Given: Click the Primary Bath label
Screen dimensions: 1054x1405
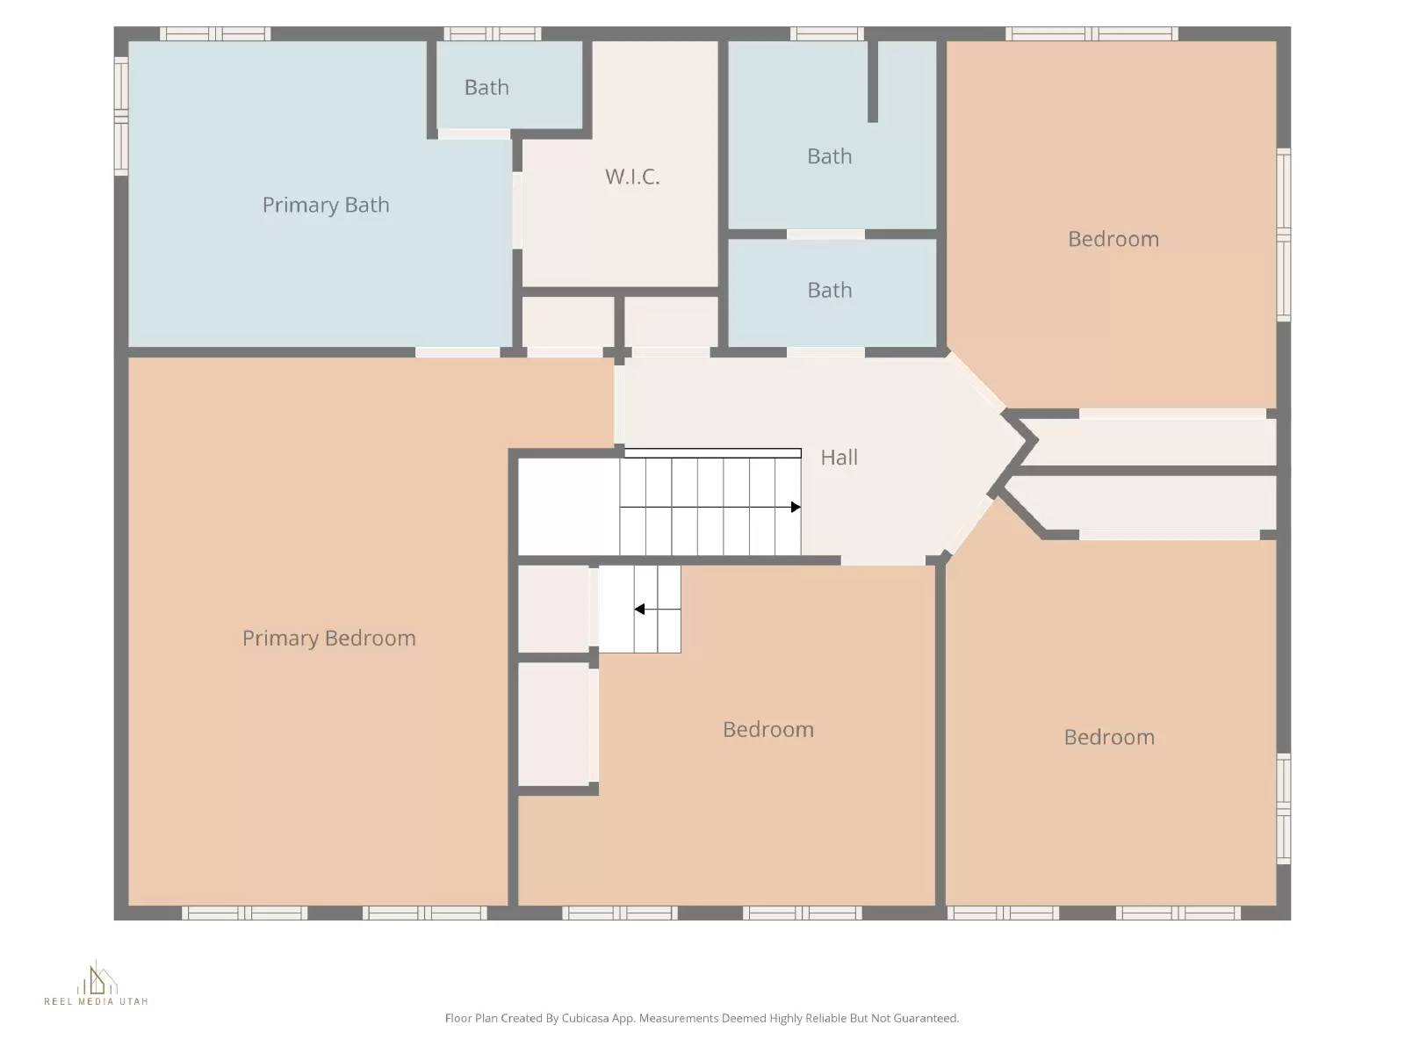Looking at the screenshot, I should point(325,205).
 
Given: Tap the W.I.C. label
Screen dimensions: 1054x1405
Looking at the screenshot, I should point(632,177).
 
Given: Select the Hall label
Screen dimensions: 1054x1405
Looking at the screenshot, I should point(839,458).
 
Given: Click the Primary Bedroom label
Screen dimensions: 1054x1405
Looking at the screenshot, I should point(328,639).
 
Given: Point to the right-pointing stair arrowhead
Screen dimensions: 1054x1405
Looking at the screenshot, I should point(796,507).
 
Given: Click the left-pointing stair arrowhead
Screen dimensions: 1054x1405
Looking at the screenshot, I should point(639,609).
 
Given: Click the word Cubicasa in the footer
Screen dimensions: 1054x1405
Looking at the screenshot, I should point(586,1019).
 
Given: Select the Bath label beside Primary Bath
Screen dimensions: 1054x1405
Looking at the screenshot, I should point(486,88).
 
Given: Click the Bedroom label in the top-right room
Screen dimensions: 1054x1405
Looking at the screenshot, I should point(1113,239).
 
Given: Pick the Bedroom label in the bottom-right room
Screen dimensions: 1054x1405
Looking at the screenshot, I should point(1109,737).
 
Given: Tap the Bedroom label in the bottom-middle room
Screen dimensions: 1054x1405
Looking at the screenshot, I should point(767,730).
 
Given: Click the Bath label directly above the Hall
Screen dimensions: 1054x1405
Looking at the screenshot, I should point(829,291).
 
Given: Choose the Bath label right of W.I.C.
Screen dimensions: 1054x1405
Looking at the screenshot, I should point(829,156).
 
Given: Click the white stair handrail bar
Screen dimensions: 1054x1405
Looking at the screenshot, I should point(712,453).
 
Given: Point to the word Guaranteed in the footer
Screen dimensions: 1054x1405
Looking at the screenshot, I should point(926,1019).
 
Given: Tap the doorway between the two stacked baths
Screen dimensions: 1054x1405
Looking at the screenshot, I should point(825,235).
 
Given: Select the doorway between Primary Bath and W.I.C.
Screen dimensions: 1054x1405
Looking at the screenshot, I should point(517,210).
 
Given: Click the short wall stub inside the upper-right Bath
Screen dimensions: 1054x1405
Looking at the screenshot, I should point(873,81).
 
